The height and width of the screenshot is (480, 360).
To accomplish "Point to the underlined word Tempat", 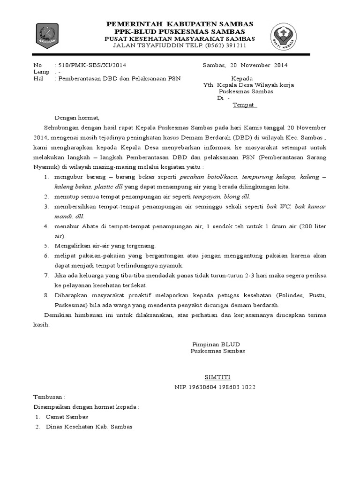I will coord(245,105).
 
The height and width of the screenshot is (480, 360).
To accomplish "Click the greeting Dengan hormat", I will coord(77,118).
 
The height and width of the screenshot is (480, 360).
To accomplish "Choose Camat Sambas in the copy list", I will coord(67,417).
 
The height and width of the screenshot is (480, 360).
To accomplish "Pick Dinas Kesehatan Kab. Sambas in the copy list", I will coord(89,427).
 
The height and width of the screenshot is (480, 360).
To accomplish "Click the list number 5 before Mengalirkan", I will coord(46,246).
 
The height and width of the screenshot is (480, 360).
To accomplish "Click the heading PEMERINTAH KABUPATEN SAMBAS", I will coord(180,24).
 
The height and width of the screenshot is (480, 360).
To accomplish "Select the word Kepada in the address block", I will coord(242,78).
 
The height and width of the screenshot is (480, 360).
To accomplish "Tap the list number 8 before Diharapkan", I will coord(46,295).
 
